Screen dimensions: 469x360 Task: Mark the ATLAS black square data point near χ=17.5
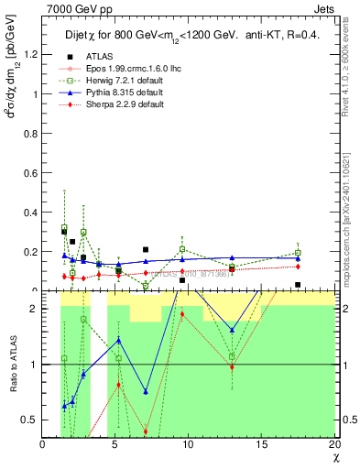coord(298,285)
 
